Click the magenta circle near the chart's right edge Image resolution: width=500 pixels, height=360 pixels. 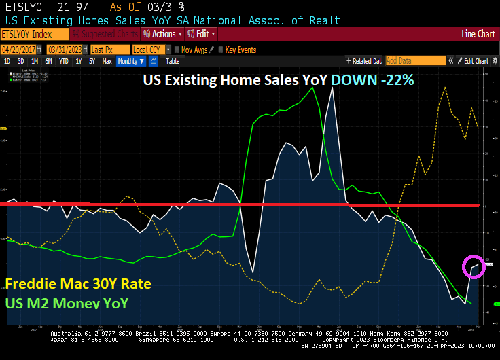474,266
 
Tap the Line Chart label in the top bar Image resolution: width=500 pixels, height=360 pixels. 478,33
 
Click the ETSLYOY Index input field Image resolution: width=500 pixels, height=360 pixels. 34,33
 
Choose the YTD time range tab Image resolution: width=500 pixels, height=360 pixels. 64,61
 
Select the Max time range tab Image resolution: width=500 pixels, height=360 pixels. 107,61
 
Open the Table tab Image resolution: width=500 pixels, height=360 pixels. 173,61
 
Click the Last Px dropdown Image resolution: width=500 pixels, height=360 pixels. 108,50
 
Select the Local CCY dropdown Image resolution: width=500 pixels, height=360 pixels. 149,50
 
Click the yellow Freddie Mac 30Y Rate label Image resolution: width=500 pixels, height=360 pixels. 77,283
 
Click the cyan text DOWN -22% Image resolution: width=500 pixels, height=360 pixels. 372,79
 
